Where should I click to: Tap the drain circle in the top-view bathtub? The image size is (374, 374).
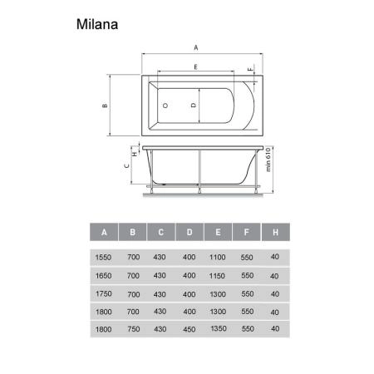coord(165,106)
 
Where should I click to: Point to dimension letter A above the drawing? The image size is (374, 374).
coord(196,47)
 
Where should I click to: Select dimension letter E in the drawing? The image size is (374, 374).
coord(194,65)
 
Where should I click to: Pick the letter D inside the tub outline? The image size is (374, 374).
coord(193,106)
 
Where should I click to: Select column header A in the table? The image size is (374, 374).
coord(104,231)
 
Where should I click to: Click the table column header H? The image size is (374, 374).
coord(274,231)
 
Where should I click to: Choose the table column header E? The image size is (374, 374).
coord(218,231)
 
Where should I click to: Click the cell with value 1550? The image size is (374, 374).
coord(104,256)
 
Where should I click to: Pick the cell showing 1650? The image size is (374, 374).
coord(104,275)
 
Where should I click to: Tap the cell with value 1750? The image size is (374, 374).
coord(104,295)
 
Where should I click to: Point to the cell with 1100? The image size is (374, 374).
coord(218,256)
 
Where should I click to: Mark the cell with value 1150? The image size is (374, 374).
coord(218,275)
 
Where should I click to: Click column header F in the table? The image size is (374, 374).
coord(246,231)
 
